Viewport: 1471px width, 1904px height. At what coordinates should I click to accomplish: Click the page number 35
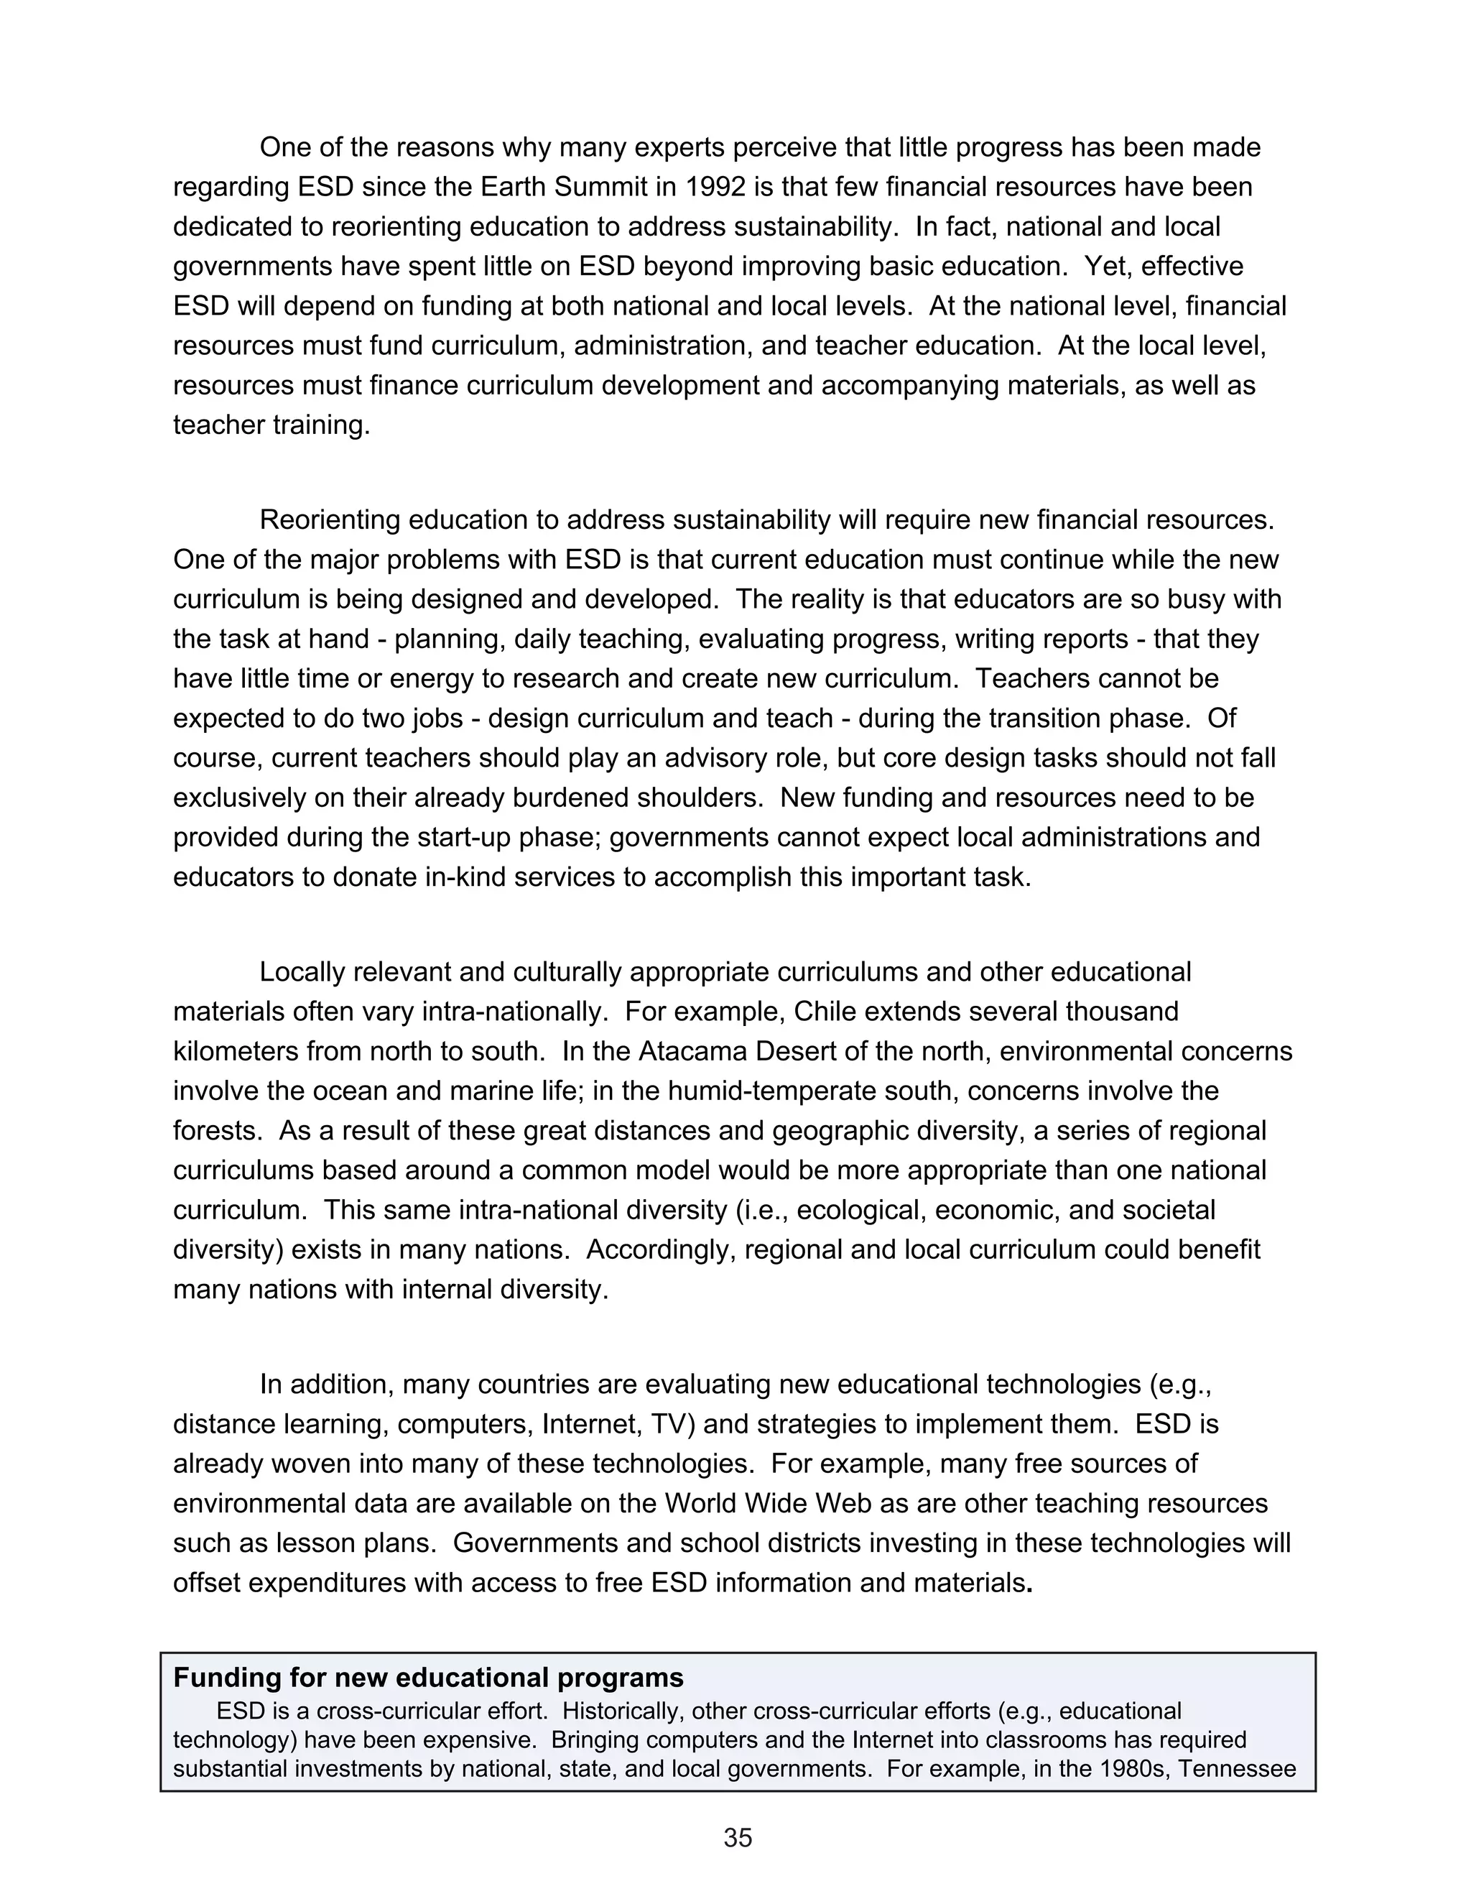pos(737,1838)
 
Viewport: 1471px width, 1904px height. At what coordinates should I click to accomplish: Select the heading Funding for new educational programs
pos(428,1678)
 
